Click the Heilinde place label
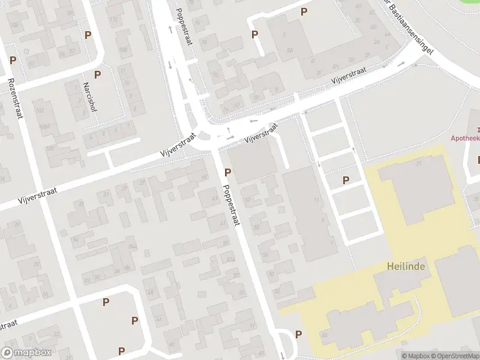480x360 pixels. [406, 266]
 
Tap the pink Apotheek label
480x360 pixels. [465, 138]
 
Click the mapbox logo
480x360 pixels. [26, 353]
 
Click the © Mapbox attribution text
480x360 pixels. [416, 356]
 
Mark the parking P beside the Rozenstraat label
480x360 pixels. [13, 61]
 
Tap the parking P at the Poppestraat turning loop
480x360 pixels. [299, 335]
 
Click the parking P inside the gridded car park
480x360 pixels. [346, 180]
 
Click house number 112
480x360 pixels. [113, 19]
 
